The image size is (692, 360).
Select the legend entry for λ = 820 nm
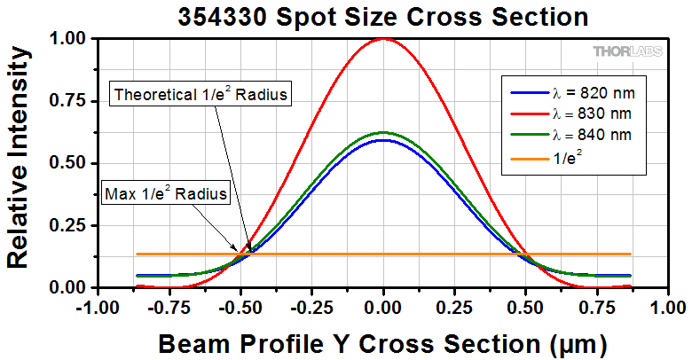[568, 91]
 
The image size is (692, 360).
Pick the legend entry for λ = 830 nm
[568, 113]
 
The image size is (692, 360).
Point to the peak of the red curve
[382, 39]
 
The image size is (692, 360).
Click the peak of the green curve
[382, 132]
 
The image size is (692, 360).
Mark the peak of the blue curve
[382, 140]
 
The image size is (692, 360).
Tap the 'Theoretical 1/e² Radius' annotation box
[201, 94]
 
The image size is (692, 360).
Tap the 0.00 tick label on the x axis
[382, 306]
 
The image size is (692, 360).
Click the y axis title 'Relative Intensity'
[19, 164]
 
